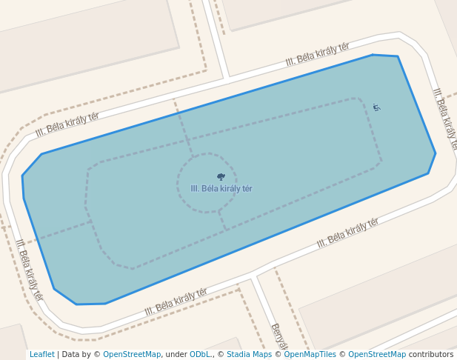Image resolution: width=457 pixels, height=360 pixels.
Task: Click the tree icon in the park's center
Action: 221,176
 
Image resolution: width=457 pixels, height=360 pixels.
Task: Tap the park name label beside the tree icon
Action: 221,189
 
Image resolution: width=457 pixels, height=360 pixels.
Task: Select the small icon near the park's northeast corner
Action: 376,108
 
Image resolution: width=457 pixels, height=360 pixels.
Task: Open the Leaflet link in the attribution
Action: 42,355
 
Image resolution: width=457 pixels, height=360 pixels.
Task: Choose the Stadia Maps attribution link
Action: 249,355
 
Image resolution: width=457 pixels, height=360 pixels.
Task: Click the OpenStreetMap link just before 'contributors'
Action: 377,355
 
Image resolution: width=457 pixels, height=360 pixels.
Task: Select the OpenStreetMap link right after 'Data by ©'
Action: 132,355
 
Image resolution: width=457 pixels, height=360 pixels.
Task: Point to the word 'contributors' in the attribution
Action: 431,355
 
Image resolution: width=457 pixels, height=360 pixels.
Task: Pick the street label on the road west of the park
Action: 29,269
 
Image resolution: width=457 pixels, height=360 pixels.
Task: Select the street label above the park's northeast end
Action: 317,54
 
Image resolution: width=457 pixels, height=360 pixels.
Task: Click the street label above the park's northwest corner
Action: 67,125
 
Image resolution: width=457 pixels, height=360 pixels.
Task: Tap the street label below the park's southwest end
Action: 176,301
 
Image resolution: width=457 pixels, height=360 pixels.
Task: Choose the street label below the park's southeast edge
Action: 347,233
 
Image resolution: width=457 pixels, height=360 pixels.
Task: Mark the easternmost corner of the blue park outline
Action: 436,153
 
